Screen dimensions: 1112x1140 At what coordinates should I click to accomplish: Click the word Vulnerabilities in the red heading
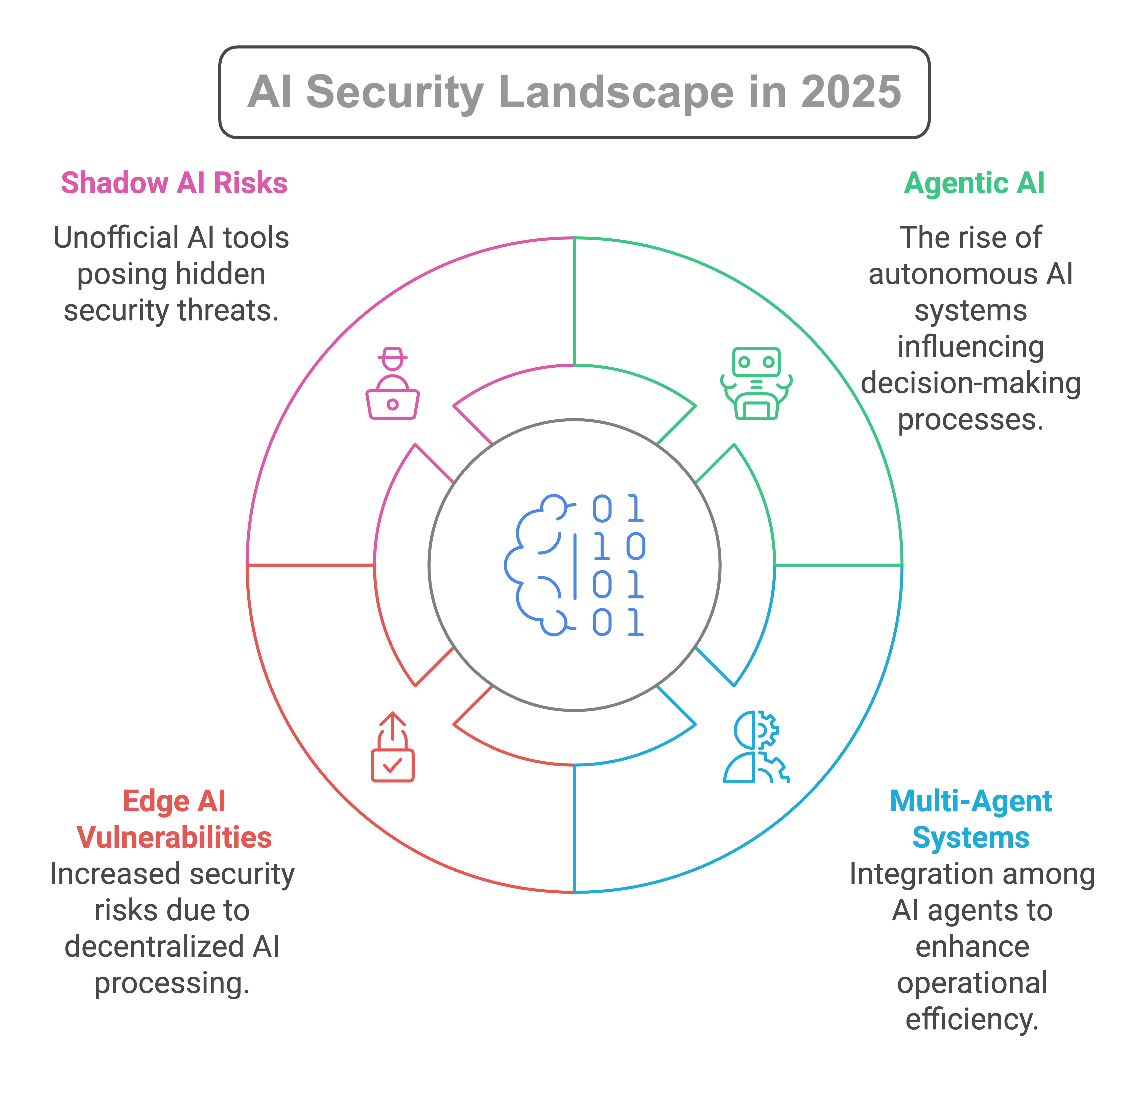(174, 838)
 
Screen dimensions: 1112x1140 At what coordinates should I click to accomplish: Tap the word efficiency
(972, 1019)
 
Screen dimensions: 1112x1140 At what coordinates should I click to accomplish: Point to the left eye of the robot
(744, 362)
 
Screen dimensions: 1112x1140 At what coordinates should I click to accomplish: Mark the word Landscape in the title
(616, 92)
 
